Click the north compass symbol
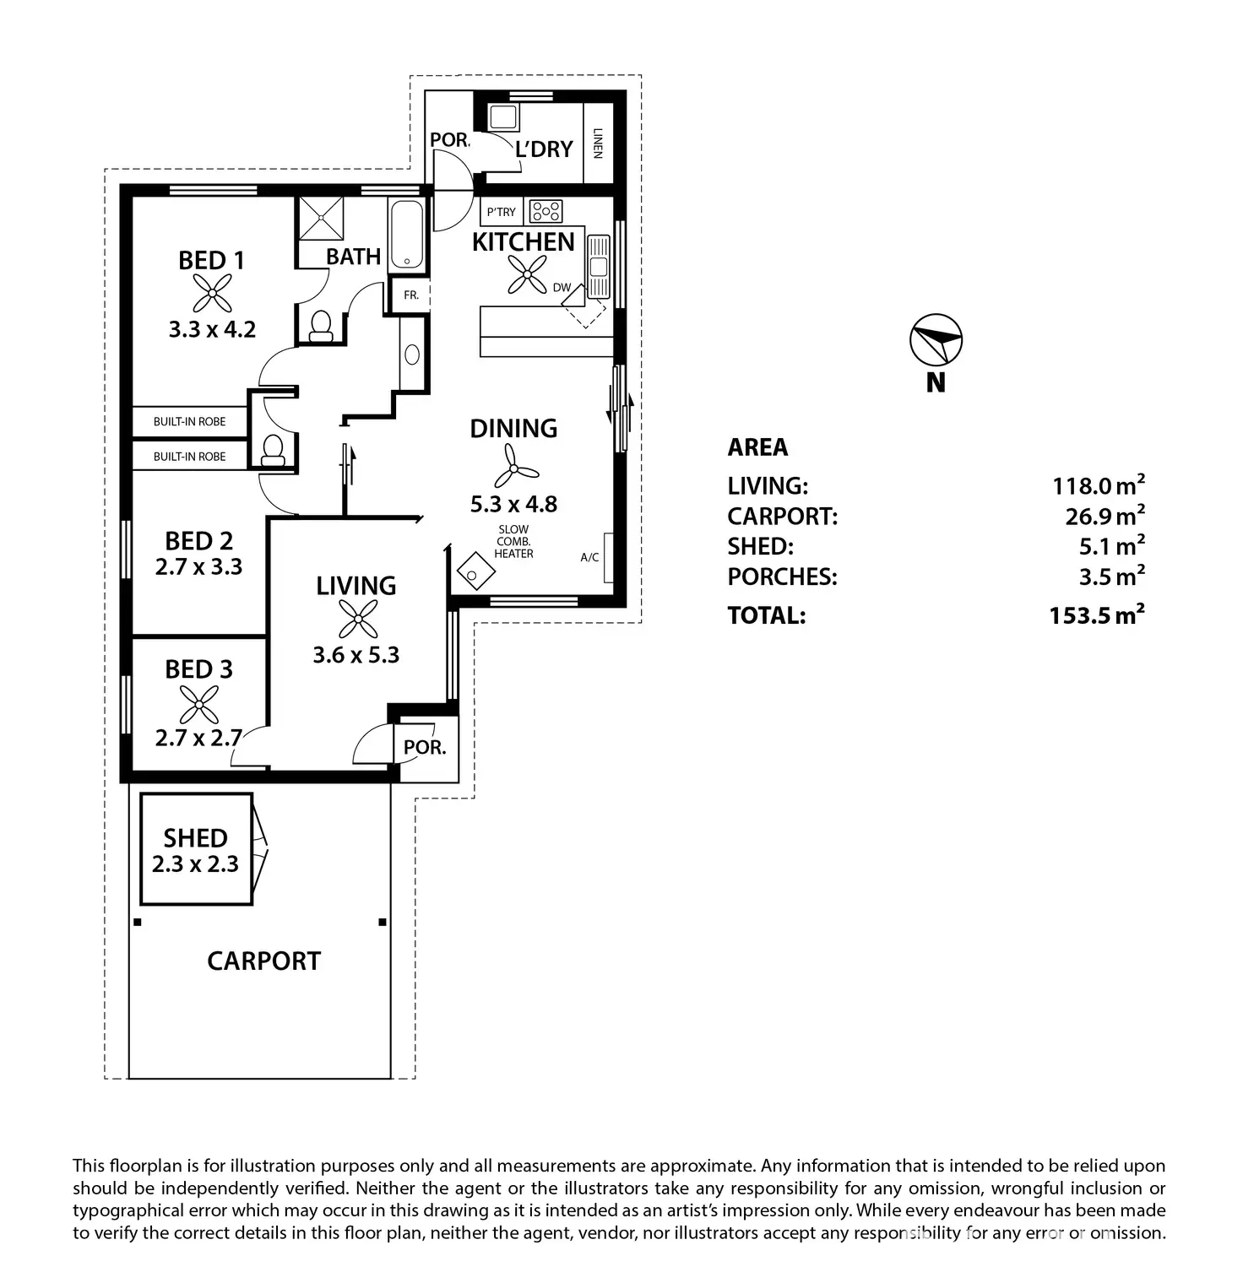[936, 342]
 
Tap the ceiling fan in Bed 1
[211, 293]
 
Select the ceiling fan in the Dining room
[514, 465]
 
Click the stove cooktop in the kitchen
[546, 211]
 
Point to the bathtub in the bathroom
[407, 235]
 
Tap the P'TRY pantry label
[501, 212]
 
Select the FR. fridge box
[411, 295]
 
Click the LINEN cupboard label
[598, 143]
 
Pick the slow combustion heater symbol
[472, 571]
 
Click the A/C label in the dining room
[589, 557]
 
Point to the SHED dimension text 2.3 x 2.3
[195, 864]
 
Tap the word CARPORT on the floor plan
[263, 961]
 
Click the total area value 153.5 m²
[1097, 615]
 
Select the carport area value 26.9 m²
[1105, 516]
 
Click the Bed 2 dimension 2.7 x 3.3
[198, 566]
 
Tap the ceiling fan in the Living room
[357, 620]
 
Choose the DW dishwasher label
[562, 288]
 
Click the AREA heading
[757, 447]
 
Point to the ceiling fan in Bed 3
[199, 703]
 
